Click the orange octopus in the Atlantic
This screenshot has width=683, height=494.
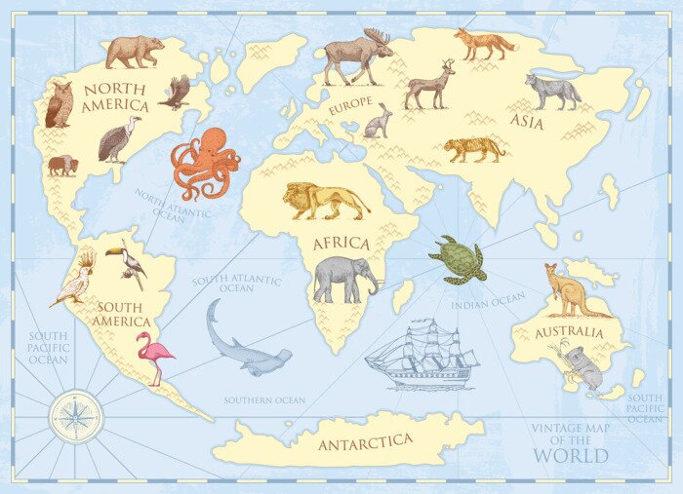(x=204, y=161)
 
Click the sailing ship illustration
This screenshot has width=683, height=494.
(x=422, y=356)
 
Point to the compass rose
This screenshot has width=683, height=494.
(x=74, y=413)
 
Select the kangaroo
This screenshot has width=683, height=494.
(x=571, y=291)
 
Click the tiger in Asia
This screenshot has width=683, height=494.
(x=474, y=149)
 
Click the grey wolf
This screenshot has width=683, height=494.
(x=552, y=91)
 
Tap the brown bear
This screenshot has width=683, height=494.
(x=135, y=51)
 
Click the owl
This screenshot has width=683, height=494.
(x=59, y=104)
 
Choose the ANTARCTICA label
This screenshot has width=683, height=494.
(x=365, y=442)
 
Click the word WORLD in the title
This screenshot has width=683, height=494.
(x=571, y=455)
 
